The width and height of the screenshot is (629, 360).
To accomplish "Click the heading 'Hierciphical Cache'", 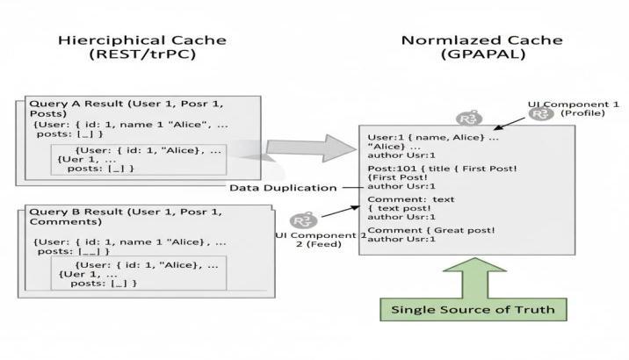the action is click(142, 40).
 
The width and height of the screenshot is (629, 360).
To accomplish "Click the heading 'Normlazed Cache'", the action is click(481, 40).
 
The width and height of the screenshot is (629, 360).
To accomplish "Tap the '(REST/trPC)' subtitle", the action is click(142, 54).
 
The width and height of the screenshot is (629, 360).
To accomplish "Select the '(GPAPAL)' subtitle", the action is click(483, 54).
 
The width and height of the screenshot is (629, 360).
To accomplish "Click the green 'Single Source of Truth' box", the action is click(474, 309).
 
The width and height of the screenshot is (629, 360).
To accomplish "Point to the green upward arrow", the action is click(474, 277).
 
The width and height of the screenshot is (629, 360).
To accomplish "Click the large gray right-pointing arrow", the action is click(311, 148).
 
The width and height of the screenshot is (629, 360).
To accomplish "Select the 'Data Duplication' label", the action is click(283, 188).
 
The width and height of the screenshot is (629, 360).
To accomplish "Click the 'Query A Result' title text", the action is click(76, 104).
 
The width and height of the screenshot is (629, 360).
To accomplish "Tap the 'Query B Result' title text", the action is click(76, 212).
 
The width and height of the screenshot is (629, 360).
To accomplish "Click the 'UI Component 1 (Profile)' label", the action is click(574, 109).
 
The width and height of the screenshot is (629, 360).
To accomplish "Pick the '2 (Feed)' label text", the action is click(319, 244).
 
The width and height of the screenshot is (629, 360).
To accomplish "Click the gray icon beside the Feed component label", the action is click(304, 221).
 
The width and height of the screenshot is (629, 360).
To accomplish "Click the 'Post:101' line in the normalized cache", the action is click(442, 169).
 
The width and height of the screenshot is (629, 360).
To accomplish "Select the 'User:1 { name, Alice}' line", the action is click(433, 138).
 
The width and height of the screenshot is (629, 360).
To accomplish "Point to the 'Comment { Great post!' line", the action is click(431, 231).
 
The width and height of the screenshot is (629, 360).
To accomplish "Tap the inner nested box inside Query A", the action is click(139, 160).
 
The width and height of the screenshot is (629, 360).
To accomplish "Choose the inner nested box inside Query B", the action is click(139, 273).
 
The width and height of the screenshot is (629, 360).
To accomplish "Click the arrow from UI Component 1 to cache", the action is click(509, 124).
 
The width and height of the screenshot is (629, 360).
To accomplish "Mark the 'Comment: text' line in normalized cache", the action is click(411, 199).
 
